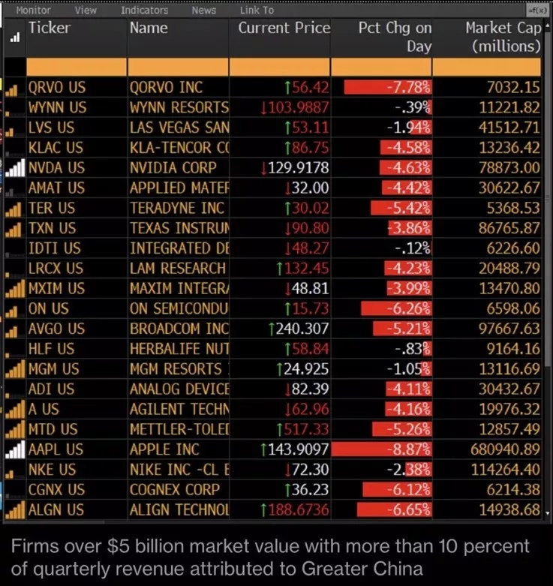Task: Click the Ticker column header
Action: click(x=50, y=29)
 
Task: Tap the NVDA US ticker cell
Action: click(x=56, y=167)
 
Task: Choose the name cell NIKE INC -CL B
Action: click(x=179, y=470)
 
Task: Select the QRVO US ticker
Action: click(x=57, y=87)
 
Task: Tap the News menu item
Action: click(x=203, y=11)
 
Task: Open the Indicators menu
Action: click(x=144, y=11)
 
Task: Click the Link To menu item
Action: click(x=257, y=11)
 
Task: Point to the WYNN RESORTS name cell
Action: click(x=179, y=107)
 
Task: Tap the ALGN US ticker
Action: click(x=56, y=510)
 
